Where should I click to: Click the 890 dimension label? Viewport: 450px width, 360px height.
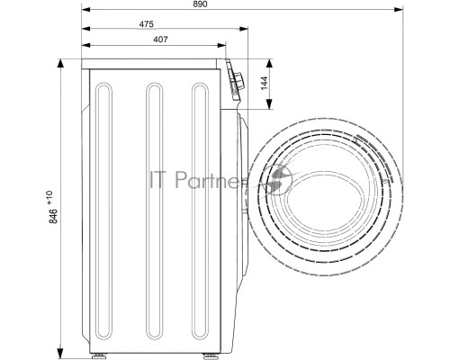point(200,4)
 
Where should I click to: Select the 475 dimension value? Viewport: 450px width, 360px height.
point(147,24)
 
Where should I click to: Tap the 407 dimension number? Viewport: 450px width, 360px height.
point(160,40)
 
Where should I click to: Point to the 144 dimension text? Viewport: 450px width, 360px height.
point(264,83)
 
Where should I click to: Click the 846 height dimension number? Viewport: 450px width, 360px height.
point(53,216)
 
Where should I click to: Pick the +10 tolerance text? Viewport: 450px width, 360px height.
point(49,197)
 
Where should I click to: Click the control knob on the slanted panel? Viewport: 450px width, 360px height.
point(239,81)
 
